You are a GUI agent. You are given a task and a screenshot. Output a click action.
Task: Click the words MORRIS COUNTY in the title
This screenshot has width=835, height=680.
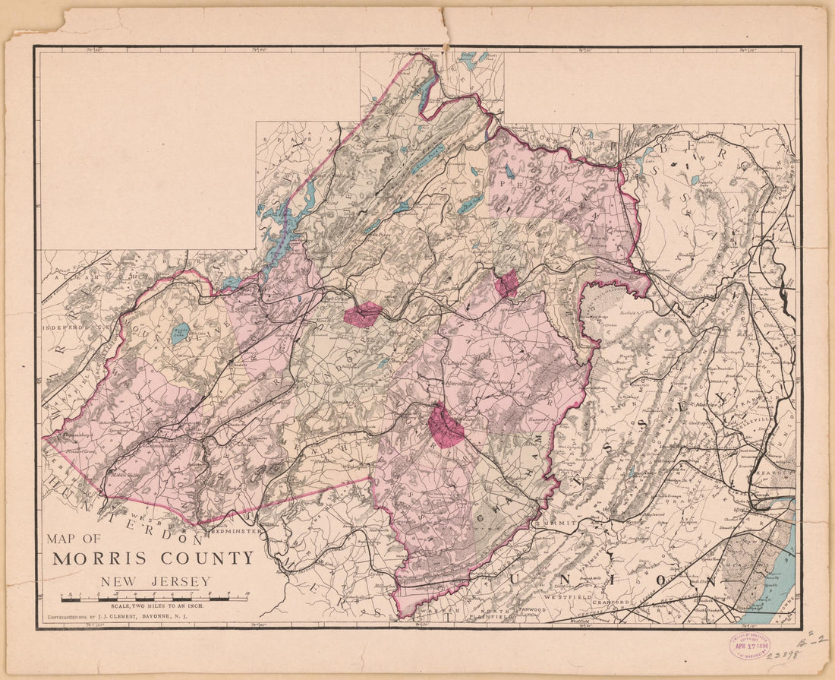tap(153, 558)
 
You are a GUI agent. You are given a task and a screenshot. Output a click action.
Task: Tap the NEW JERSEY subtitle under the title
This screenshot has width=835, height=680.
tap(155, 583)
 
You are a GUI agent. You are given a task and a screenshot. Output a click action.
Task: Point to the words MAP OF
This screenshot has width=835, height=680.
tap(73, 539)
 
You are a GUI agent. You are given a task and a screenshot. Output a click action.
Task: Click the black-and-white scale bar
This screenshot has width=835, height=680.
tap(155, 598)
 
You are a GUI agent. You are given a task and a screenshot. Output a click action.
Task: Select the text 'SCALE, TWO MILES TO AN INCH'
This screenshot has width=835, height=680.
tap(155, 606)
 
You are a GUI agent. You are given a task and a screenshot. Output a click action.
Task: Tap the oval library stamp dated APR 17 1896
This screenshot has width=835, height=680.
tap(750, 646)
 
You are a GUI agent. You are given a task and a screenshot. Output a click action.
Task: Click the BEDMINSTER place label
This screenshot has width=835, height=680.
tap(236, 531)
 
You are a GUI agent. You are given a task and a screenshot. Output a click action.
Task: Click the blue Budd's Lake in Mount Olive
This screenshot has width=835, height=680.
tap(180, 333)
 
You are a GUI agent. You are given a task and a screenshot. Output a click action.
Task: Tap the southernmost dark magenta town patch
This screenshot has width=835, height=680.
tap(446, 427)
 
